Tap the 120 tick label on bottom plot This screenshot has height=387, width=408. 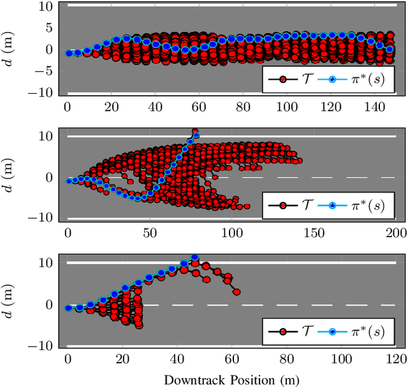click(396, 360)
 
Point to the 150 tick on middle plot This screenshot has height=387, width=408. click(314, 233)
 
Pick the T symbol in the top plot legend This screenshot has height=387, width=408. click(307, 80)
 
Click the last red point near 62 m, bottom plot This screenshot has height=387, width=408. click(237, 292)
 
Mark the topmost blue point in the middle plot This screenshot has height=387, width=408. click(196, 135)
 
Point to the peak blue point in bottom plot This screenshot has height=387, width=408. click(194, 258)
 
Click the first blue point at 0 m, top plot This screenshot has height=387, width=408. click(69, 54)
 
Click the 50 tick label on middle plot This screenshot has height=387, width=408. click(150, 233)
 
